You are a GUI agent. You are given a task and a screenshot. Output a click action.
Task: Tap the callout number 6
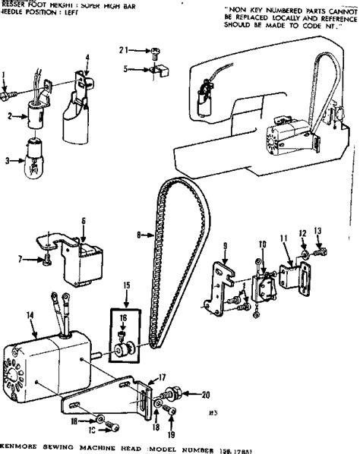83,221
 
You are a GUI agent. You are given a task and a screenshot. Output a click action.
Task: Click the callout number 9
225,245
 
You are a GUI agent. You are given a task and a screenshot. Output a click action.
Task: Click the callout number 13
318,232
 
